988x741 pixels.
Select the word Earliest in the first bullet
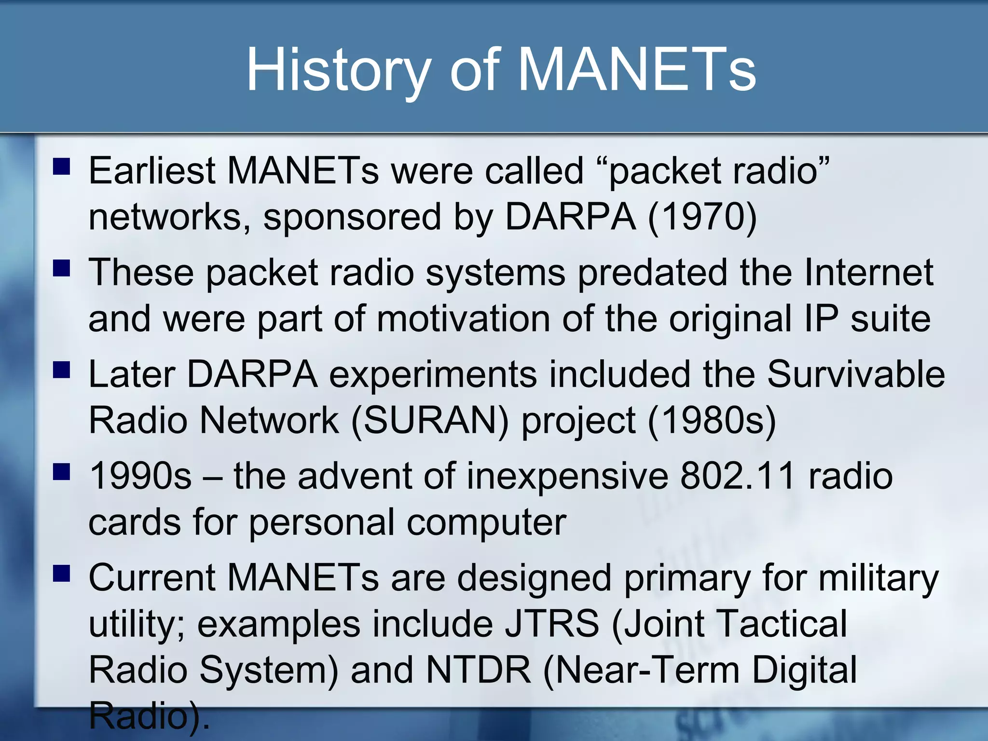coord(151,171)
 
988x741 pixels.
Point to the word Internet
coord(868,273)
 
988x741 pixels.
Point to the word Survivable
coord(856,375)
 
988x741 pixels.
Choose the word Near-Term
coord(642,671)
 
